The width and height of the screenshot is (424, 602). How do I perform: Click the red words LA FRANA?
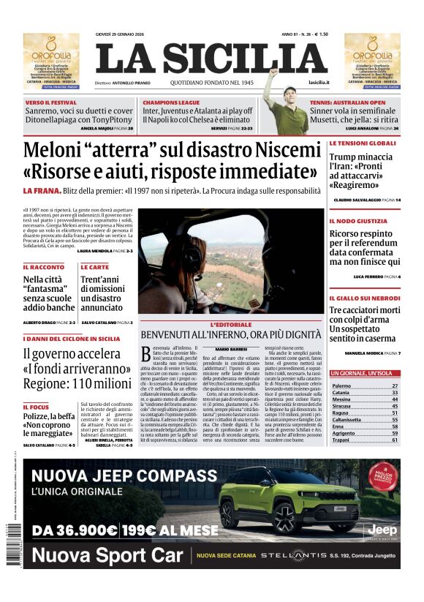coord(38,191)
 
